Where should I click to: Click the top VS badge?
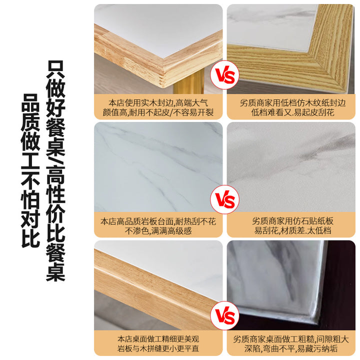pyautogui.click(x=224, y=75)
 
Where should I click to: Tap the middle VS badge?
pyautogui.click(x=224, y=199)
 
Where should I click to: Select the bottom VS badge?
pyautogui.click(x=224, y=315)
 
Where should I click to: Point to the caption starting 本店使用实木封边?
pyautogui.click(x=158, y=107)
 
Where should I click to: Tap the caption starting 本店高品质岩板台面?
pyautogui.click(x=158, y=226)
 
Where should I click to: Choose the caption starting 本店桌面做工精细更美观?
pyautogui.click(x=158, y=343)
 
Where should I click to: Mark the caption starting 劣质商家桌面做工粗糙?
pyautogui.click(x=291, y=343)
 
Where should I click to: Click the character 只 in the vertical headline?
pyautogui.click(x=55, y=69)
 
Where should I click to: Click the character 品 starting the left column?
pyautogui.click(x=30, y=103)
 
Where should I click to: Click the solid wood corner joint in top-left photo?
pyautogui.click(x=164, y=71)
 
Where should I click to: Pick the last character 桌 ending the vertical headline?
pyautogui.click(x=55, y=272)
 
